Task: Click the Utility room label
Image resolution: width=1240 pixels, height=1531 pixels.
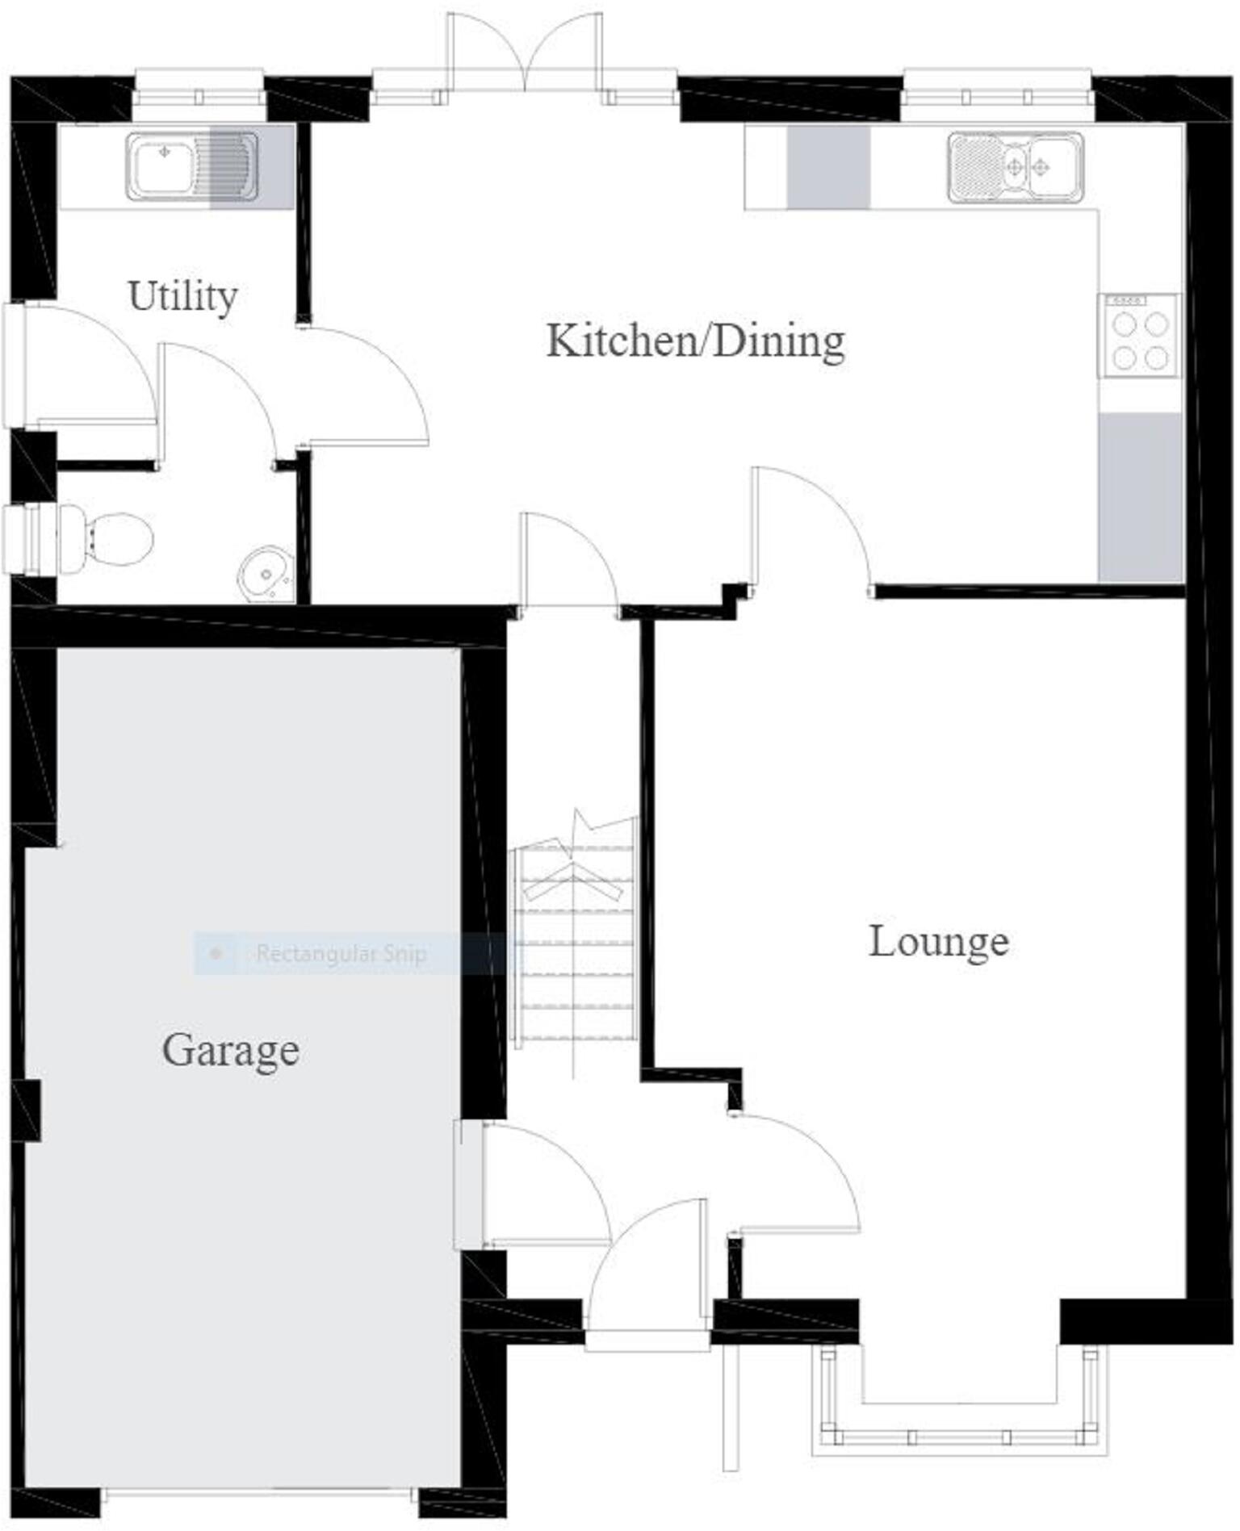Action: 182,296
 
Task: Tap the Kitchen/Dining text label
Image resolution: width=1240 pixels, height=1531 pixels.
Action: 695,341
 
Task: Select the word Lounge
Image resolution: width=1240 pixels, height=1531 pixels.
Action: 938,941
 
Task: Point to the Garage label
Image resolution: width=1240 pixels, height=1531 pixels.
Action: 231,1050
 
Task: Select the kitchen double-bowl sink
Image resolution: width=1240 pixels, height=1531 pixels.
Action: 1016,167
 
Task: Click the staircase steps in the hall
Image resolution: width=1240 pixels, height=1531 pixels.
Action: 575,944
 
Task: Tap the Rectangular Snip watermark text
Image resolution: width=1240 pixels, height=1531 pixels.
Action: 341,954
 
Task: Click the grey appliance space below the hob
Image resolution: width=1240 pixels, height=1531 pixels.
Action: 1140,496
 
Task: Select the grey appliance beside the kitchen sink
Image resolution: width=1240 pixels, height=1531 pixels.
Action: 828,167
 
